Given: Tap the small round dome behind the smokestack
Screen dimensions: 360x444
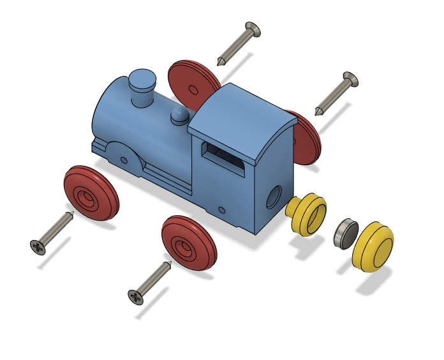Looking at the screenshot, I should (180, 116).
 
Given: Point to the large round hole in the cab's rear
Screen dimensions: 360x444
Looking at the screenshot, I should (273, 197).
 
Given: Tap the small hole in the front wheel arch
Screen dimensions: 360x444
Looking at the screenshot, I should (124, 160).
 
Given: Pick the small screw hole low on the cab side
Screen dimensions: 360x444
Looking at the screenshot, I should (221, 209).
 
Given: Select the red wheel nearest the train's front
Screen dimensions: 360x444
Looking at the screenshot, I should (91, 193).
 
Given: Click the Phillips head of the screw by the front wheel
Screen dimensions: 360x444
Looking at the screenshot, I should (38, 246).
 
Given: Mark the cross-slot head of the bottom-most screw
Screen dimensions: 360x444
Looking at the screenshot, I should (136, 297).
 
